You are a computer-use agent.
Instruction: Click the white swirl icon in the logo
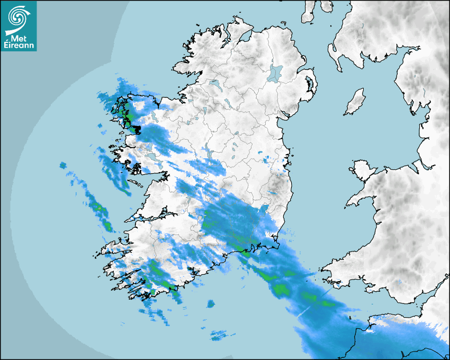(x=17, y=17)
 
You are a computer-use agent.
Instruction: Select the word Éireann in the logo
(x=19, y=46)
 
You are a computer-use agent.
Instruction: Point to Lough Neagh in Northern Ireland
(x=275, y=73)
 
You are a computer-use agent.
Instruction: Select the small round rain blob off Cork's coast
(x=211, y=304)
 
